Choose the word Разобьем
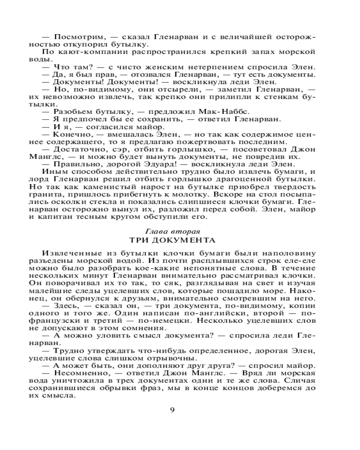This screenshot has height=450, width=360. tap(72, 111)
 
